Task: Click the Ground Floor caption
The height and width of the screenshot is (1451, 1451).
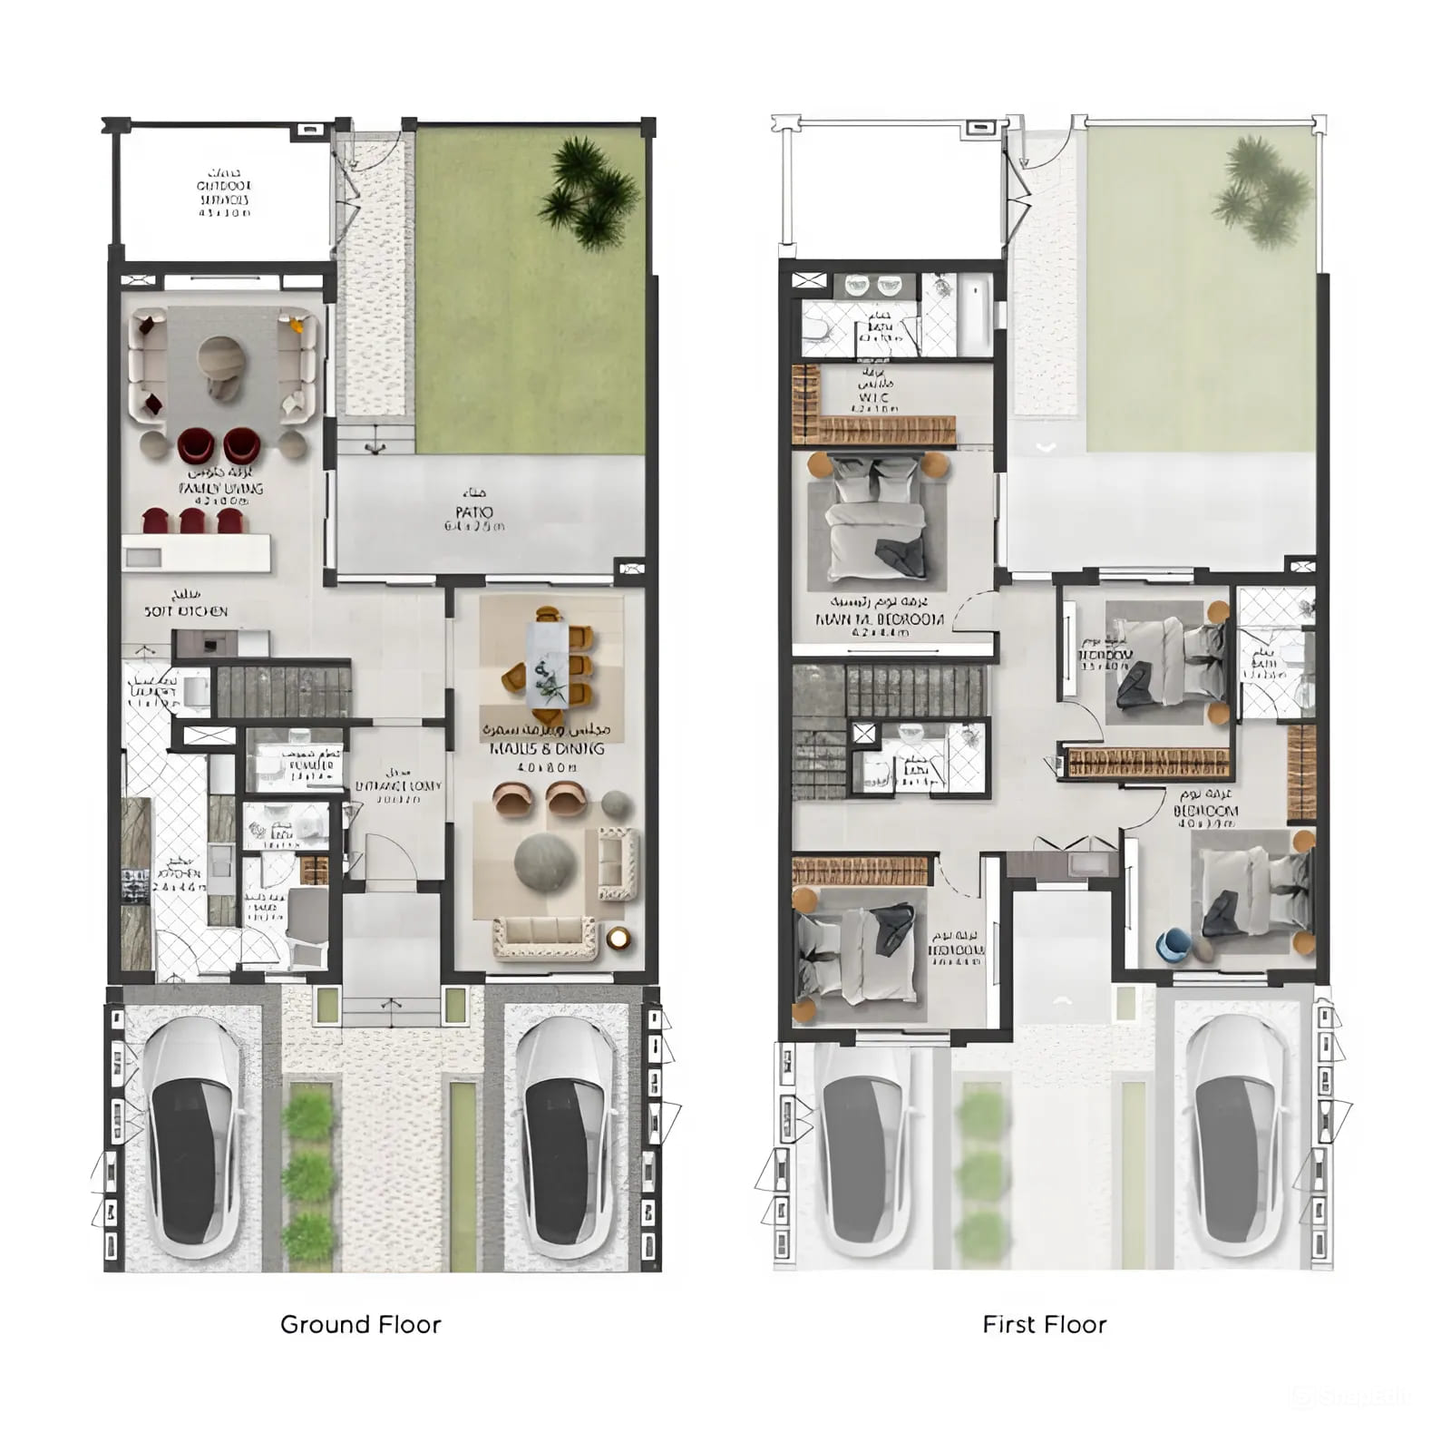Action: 360,1324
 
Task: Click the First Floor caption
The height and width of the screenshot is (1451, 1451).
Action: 1044,1324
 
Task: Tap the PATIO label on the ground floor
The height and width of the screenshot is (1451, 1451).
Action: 474,512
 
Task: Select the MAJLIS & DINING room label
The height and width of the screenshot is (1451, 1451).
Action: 546,748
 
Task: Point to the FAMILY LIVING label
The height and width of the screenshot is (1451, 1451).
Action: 221,488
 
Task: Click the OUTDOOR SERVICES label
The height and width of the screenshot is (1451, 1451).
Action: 223,192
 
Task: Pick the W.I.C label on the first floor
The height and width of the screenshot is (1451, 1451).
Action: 873,397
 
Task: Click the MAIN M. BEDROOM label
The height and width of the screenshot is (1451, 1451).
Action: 880,620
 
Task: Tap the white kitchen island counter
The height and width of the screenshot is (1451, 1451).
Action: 196,553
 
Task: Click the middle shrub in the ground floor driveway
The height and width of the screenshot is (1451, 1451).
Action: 308,1175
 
